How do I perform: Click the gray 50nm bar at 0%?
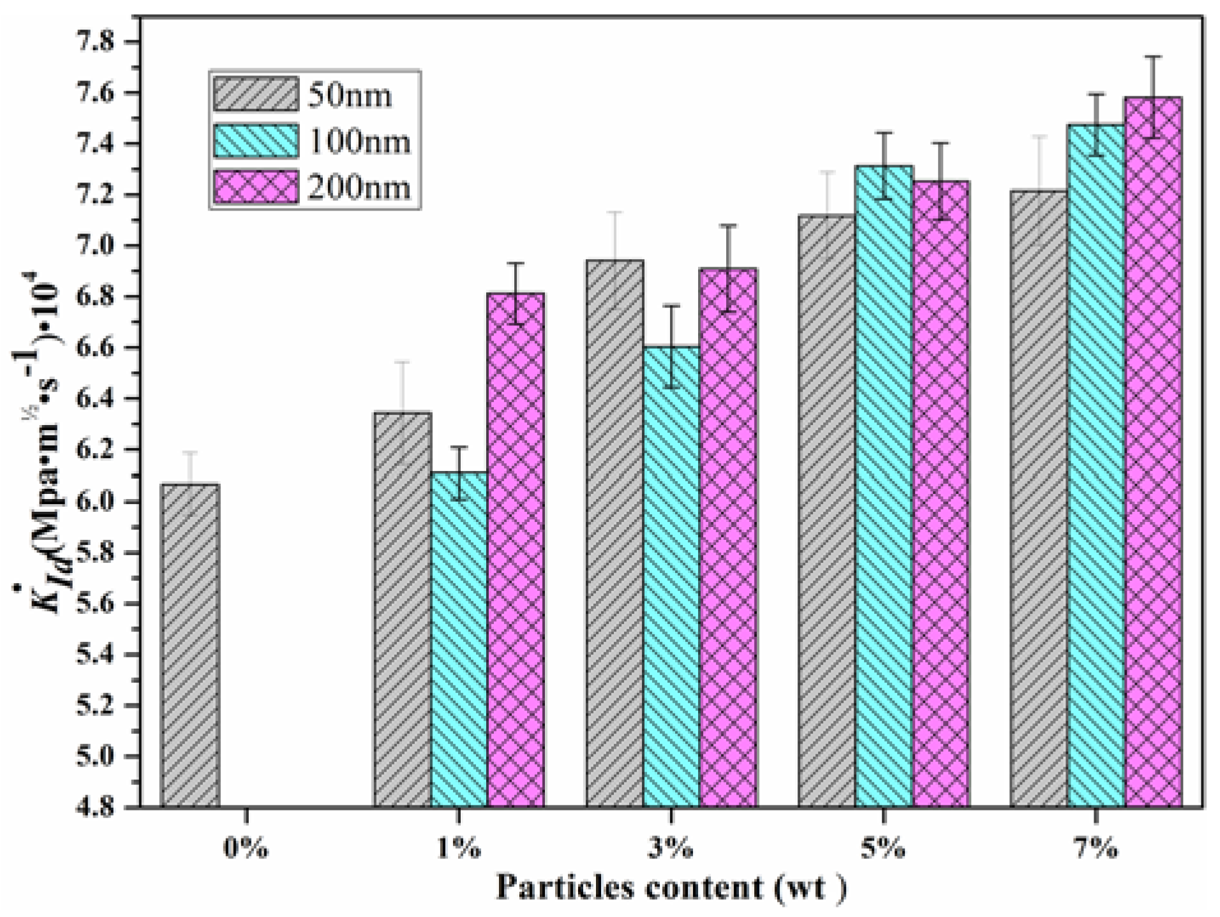190,645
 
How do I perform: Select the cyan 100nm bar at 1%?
459,638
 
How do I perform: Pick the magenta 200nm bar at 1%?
516,549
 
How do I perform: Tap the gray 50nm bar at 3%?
614,533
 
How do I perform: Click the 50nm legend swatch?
255,94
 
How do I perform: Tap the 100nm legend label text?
359,142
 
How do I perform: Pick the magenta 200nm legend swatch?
255,188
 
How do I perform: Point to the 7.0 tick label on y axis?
96,246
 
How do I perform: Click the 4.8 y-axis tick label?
96,807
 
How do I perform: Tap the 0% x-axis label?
246,850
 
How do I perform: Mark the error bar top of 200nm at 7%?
1153,57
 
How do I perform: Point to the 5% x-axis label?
884,850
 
